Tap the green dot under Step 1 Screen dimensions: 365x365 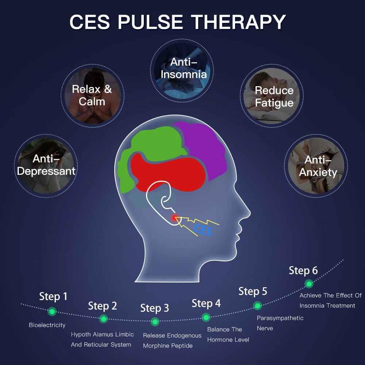point(52,311)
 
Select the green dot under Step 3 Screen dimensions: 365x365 point(155,322)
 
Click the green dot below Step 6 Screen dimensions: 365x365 point(309,284)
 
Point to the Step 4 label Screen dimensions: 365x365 point(206,303)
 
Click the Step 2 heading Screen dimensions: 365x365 point(103,306)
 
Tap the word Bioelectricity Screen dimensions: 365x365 point(47,325)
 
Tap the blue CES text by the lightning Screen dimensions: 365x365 point(203,230)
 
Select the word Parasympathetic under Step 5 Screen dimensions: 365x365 point(280,318)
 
